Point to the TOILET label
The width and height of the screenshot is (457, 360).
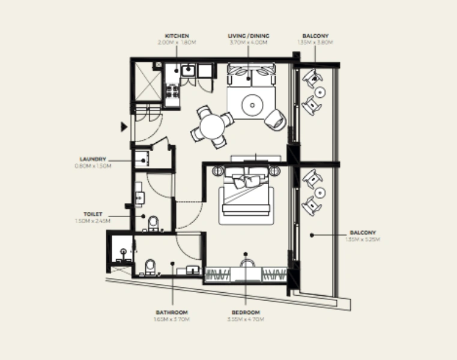[x=93, y=214]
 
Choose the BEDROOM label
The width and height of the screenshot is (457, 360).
[x=246, y=313]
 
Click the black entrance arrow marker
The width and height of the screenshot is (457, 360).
[x=124, y=127]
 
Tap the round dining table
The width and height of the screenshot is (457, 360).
[x=212, y=127]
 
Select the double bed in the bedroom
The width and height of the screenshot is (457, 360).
[x=247, y=194]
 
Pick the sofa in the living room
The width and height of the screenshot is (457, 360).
[x=251, y=77]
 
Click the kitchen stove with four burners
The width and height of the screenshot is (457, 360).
[x=172, y=92]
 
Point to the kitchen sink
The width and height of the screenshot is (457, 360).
[x=188, y=70]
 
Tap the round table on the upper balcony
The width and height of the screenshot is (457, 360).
[x=321, y=92]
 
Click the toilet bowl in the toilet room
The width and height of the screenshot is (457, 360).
[x=153, y=223]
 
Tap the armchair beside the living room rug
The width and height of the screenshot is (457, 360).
[x=276, y=118]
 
